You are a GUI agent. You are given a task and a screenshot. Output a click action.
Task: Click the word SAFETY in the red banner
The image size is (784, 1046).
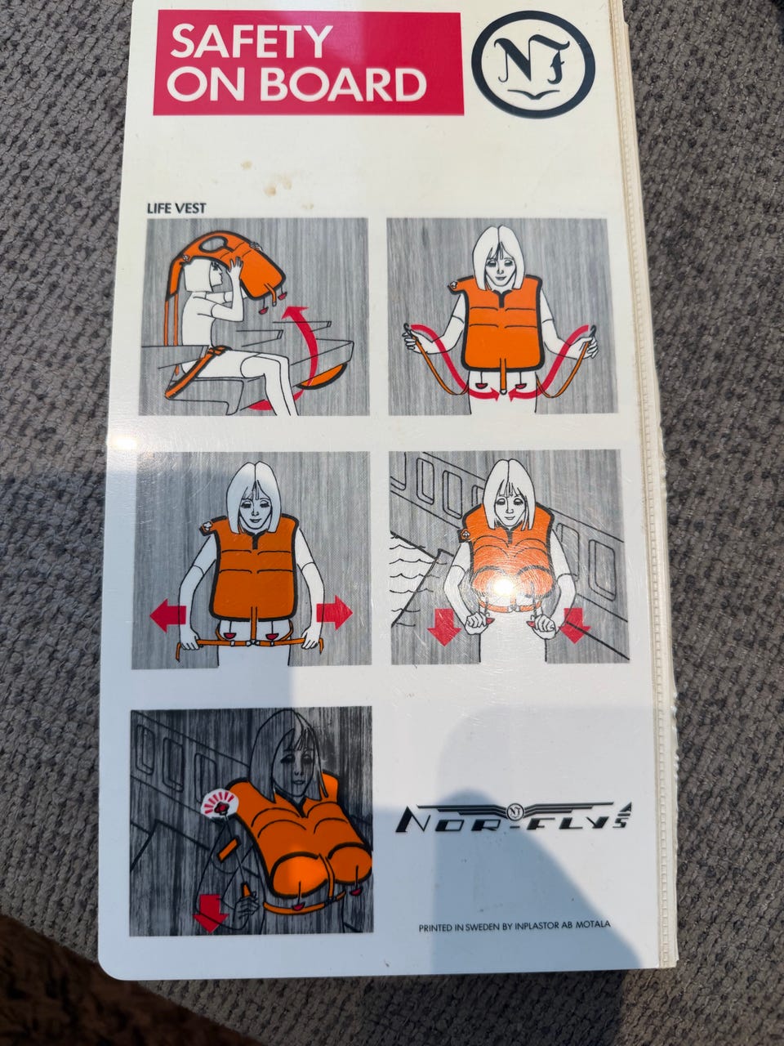tap(251, 41)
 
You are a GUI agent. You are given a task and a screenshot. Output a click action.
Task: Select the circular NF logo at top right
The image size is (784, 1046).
tap(533, 65)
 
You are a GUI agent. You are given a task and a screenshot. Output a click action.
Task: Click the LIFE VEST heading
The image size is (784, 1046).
tap(176, 208)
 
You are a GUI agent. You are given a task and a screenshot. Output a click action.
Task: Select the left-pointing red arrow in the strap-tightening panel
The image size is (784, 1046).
tap(168, 615)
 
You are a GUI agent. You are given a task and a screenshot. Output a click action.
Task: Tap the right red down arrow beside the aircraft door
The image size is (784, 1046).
tap(575, 625)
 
